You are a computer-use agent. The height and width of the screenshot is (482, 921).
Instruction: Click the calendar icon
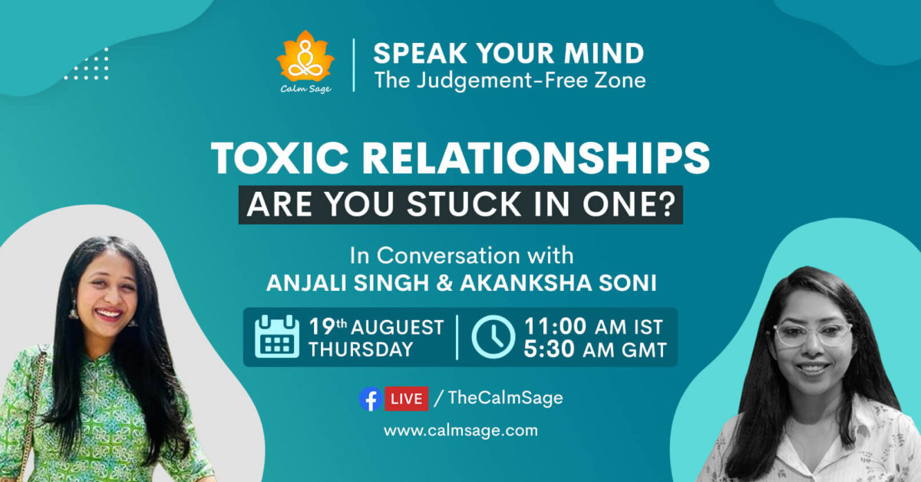(x=277, y=338)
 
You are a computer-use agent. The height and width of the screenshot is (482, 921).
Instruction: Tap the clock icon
(x=492, y=338)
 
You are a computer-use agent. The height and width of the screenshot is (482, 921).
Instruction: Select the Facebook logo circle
(x=370, y=398)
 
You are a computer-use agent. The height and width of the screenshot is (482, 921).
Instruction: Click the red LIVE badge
(x=405, y=398)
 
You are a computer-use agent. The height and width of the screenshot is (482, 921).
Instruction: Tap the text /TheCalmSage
(x=498, y=398)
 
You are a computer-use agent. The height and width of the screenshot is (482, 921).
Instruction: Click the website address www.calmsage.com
(x=460, y=431)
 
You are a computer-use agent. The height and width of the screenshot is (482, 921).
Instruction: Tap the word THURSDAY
(x=361, y=350)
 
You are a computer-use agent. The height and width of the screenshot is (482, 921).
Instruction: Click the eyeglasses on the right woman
(x=813, y=335)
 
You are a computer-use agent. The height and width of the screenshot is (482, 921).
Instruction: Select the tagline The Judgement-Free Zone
(x=510, y=79)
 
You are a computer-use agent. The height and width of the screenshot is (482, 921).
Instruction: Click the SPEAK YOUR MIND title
(x=508, y=53)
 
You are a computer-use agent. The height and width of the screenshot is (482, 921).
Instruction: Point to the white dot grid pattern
(x=86, y=64)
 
